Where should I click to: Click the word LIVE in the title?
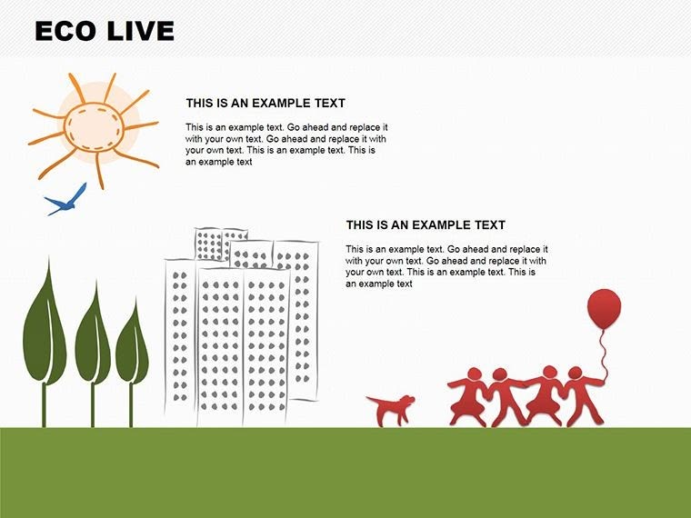click(x=137, y=31)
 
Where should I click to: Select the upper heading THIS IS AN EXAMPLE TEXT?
click(x=265, y=104)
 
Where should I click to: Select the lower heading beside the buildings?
click(x=426, y=225)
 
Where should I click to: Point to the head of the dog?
click(x=407, y=400)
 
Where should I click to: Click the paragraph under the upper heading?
click(x=286, y=144)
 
